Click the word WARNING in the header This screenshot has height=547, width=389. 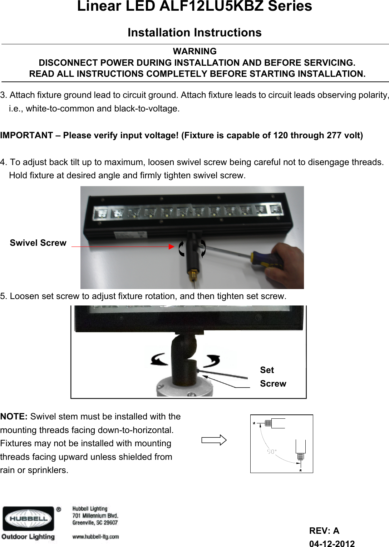194,51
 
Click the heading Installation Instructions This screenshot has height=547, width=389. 194,33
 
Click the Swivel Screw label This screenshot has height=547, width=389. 38,243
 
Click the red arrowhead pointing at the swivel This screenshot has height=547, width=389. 171,247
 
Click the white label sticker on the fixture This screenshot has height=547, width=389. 130,235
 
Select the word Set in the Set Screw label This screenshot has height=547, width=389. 267,370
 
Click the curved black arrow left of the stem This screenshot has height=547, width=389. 159,359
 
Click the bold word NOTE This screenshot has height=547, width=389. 14,417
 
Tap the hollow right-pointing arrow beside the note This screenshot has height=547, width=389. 214,440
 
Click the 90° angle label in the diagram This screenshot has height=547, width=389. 272,452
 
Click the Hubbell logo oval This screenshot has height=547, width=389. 28,518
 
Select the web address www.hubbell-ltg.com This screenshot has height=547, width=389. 95,537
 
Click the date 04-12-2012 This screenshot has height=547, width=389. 332,544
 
